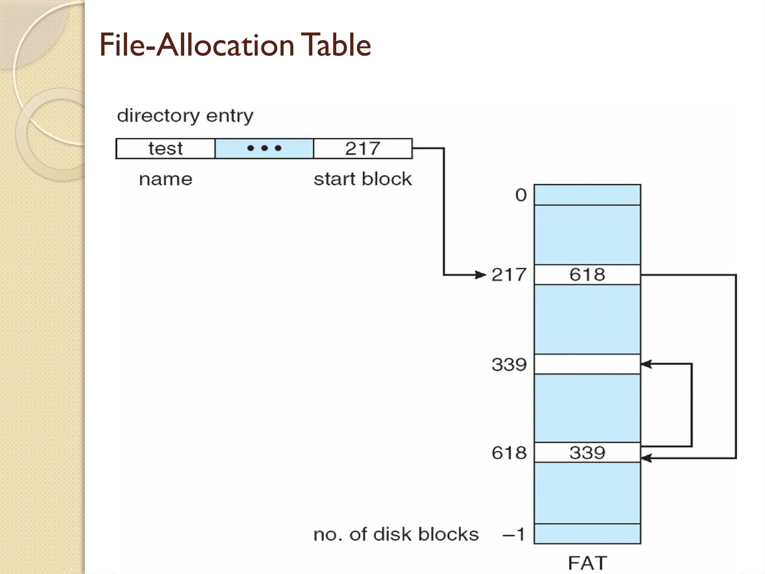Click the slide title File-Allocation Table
coord(235,45)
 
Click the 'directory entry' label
coord(185,115)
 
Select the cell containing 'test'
coord(165,148)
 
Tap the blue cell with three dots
coord(264,148)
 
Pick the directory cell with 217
coord(363,148)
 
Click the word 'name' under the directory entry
coord(165,179)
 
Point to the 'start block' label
coord(362,179)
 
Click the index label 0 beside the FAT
coord(521,195)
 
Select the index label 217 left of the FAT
coord(509,275)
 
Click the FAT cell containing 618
coord(587,275)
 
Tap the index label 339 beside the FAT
coord(509,364)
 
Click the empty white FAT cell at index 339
coord(587,364)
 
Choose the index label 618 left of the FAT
coord(509,453)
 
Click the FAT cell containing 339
coord(587,453)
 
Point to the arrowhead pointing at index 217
coord(481,275)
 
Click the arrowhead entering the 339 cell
coord(647,364)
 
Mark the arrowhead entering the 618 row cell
coord(647,458)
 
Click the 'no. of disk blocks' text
coord(396,534)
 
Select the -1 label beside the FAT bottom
coord(514,534)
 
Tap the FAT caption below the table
coord(587,563)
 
